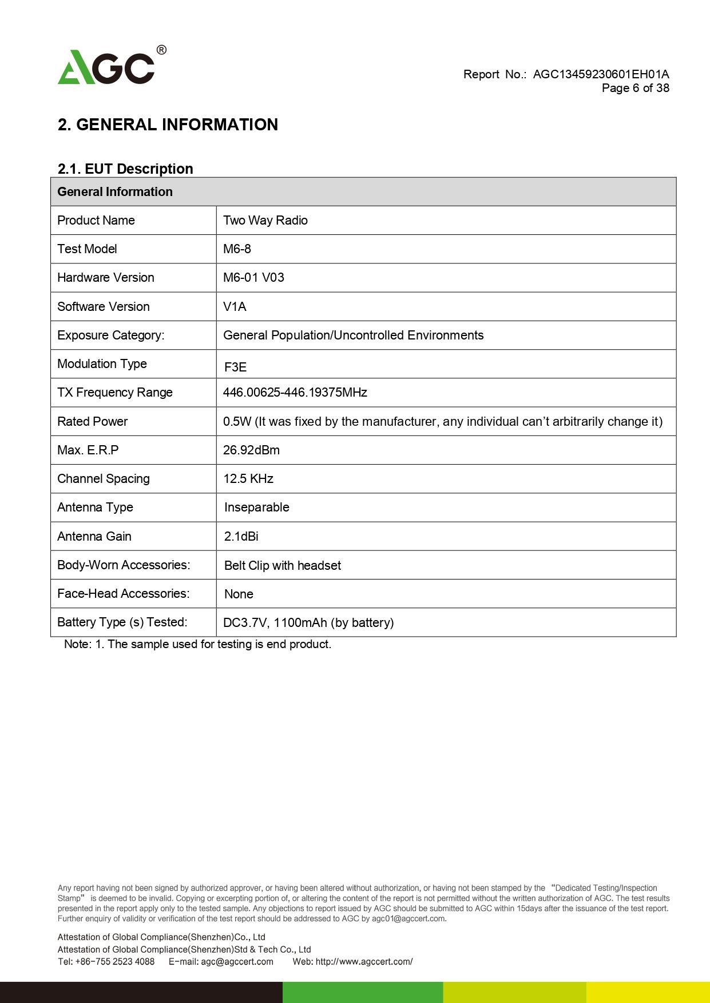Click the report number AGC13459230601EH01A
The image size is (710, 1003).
point(601,74)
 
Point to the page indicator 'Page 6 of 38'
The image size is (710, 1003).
point(635,88)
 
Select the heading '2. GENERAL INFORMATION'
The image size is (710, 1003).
point(168,125)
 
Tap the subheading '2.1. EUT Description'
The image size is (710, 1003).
point(125,169)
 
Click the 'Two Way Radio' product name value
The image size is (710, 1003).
point(265,221)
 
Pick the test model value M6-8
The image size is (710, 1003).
point(237,249)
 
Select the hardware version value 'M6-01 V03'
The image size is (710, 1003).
point(253,278)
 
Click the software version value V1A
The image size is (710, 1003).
point(235,307)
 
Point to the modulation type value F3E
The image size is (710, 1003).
point(235,367)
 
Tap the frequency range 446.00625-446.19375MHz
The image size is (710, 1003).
point(295,393)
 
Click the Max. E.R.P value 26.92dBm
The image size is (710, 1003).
point(251,450)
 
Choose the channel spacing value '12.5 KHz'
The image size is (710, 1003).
point(248,479)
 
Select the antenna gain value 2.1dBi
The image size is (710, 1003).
point(241,537)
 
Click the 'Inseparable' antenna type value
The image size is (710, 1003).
point(256,508)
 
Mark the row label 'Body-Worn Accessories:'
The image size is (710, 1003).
point(124,565)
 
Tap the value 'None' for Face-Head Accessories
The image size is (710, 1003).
point(239,594)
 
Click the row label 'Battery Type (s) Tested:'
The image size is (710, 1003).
point(122,622)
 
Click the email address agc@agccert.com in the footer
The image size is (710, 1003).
point(237,961)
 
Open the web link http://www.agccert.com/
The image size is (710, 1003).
point(364,961)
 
